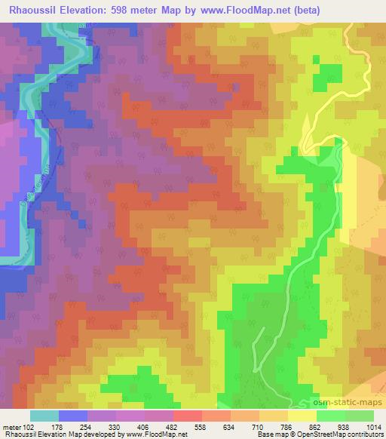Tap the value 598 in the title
click(x=129, y=10)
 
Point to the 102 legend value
click(x=29, y=427)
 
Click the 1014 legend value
click(x=374, y=427)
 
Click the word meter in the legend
click(x=11, y=427)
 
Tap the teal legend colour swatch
click(x=44, y=416)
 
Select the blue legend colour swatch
click(x=73, y=416)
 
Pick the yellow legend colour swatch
click(x=302, y=416)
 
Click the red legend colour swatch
click(x=188, y=416)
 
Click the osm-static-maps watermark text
click(x=352, y=401)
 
